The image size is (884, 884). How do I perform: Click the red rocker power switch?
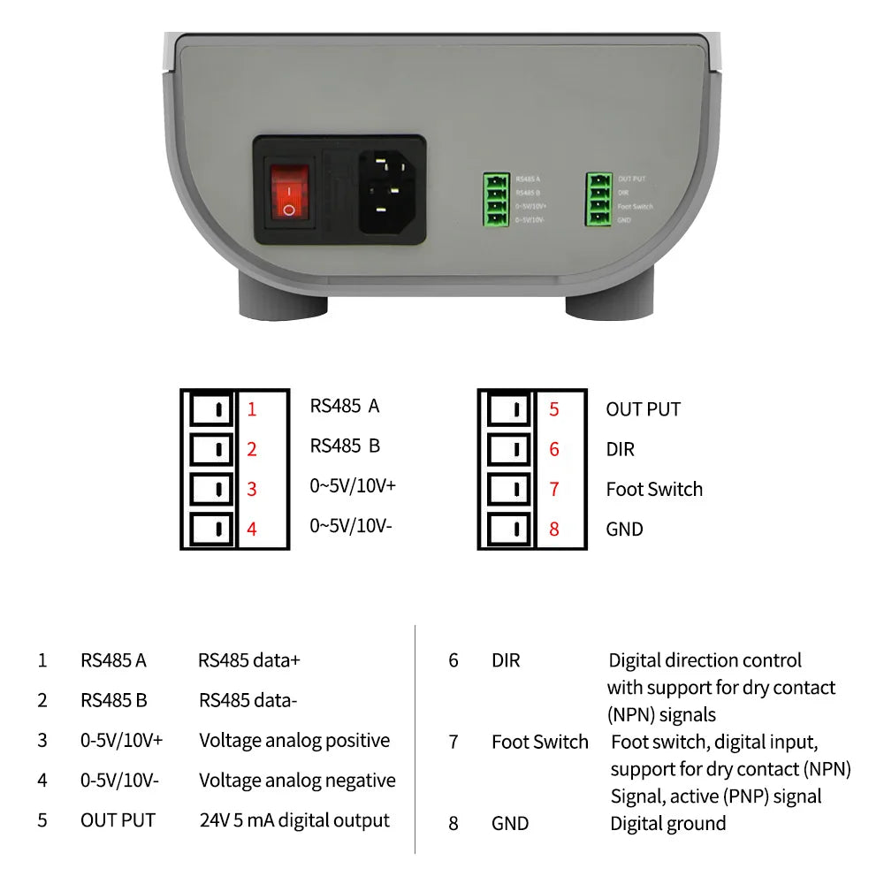pyautogui.click(x=290, y=190)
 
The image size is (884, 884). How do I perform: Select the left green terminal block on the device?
pyautogui.click(x=496, y=199)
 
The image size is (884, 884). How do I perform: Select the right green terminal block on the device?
pyautogui.click(x=599, y=199)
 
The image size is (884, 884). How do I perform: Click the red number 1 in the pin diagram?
pyautogui.click(x=252, y=409)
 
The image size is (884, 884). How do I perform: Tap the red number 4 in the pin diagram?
pyautogui.click(x=252, y=530)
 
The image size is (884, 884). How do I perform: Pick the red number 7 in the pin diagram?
pyautogui.click(x=554, y=490)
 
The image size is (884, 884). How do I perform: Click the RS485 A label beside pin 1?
pyautogui.click(x=344, y=406)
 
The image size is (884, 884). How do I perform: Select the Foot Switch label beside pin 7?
pyautogui.click(x=654, y=490)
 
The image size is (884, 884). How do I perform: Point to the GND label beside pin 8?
pyautogui.click(x=624, y=530)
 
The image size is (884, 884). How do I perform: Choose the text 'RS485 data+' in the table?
pyautogui.click(x=249, y=660)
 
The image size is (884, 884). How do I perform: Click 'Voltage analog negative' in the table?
pyautogui.click(x=297, y=781)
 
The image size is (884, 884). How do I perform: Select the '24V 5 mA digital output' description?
pyautogui.click(x=294, y=820)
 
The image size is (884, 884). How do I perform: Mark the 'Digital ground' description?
pyautogui.click(x=667, y=824)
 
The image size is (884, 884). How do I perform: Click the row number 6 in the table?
pyautogui.click(x=453, y=660)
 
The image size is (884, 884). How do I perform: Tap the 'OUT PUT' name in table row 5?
pyautogui.click(x=118, y=820)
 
